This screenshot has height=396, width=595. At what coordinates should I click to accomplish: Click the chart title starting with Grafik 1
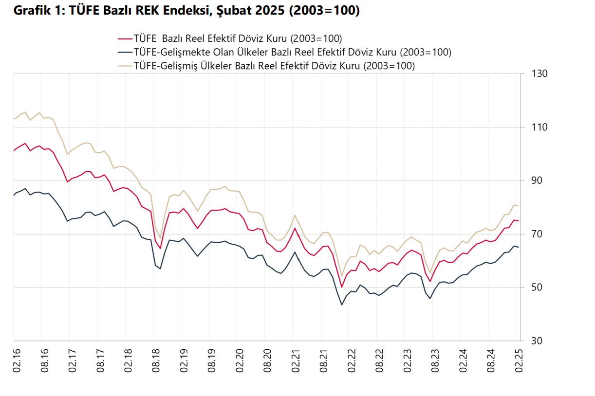point(186,11)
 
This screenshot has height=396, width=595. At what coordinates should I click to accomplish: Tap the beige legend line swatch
point(125,66)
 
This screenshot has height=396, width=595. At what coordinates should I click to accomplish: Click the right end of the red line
point(519,221)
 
